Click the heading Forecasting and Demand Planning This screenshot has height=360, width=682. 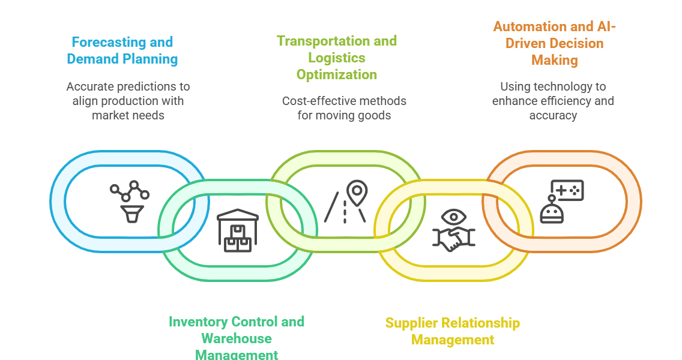122,50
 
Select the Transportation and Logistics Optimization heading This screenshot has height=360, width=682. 337,58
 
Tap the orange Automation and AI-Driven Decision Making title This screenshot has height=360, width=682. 554,43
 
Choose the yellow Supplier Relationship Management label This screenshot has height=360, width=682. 453,331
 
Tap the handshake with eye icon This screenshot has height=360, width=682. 454,230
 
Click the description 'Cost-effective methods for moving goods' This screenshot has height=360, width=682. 344,108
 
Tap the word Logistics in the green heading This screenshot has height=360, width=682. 337,58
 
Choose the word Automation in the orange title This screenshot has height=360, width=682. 522,26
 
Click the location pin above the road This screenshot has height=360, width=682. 357,191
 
